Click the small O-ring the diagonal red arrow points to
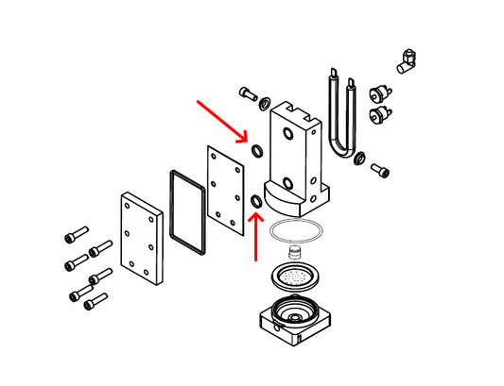(x=256, y=150)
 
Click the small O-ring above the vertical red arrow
(x=256, y=201)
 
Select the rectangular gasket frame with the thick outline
(x=188, y=212)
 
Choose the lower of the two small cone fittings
(x=379, y=115)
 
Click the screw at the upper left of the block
(x=248, y=92)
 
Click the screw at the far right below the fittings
(x=379, y=171)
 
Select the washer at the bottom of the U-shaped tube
(x=359, y=157)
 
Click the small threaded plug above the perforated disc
(x=294, y=252)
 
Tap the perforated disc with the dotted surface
(x=296, y=277)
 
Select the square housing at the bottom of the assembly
(x=295, y=322)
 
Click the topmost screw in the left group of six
(x=76, y=232)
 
